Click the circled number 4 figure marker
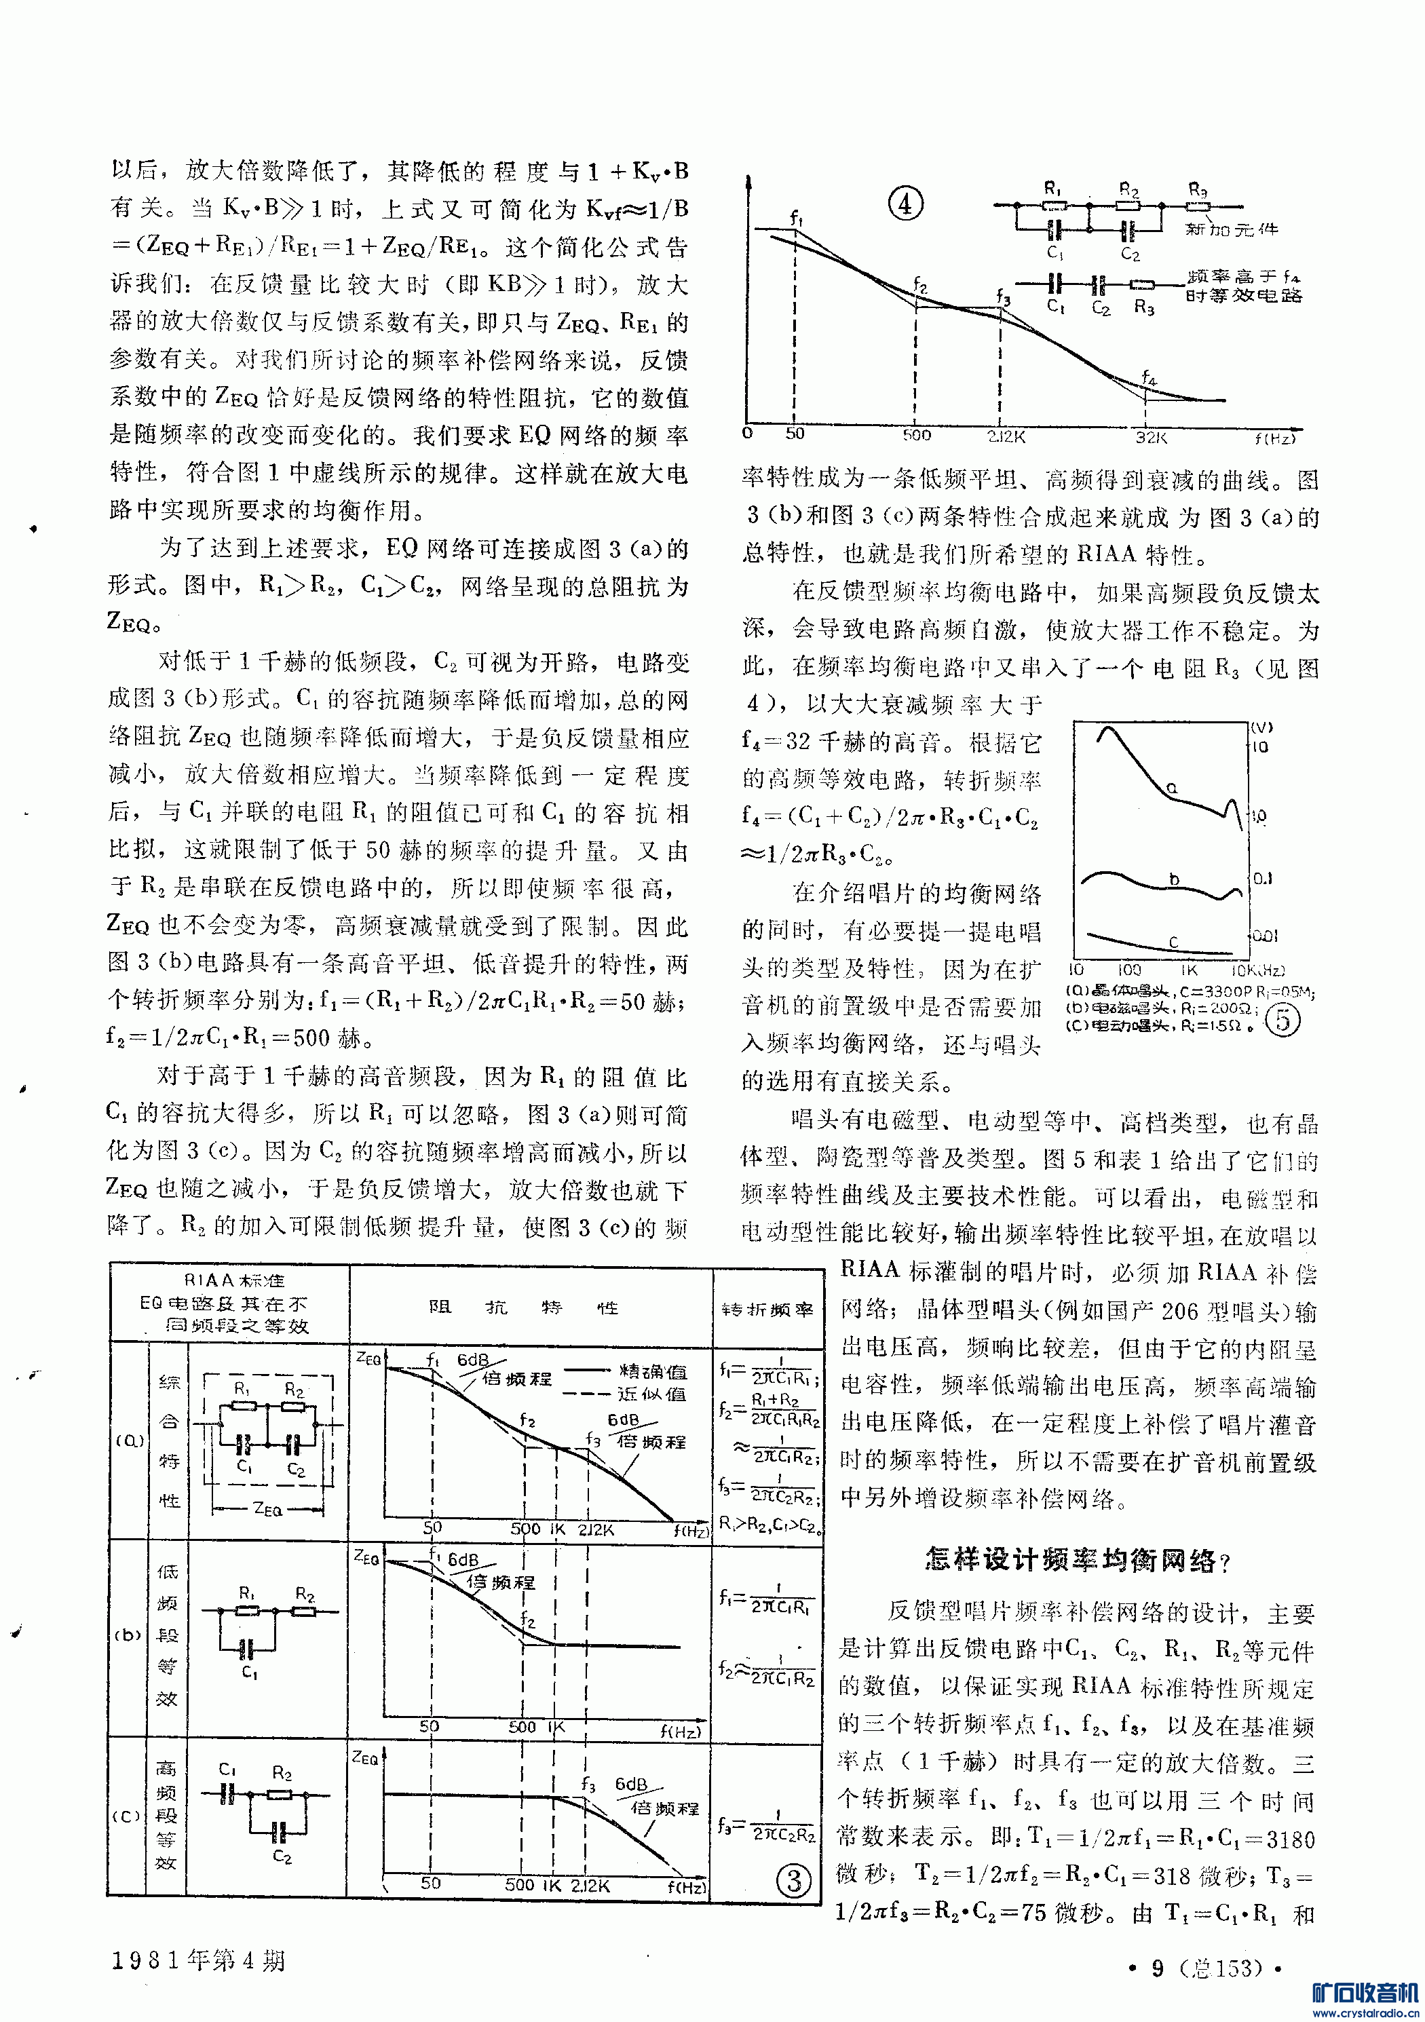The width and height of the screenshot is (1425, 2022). coord(905,204)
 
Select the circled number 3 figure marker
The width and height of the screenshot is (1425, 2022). coord(793,1880)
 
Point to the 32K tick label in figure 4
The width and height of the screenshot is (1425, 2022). coord(1150,436)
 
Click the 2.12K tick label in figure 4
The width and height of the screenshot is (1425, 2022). coord(1005,436)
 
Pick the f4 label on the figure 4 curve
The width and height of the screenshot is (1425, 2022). coord(1148,377)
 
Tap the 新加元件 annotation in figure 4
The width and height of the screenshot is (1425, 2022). coord(1231,229)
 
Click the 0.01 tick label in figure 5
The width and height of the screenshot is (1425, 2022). coord(1265,935)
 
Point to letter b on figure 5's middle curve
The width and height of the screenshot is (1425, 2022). coord(1174,879)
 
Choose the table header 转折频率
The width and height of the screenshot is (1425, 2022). coord(766,1310)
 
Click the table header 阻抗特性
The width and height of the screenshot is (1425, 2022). coord(523,1308)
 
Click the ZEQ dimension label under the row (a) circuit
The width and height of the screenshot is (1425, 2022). coord(268,1508)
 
